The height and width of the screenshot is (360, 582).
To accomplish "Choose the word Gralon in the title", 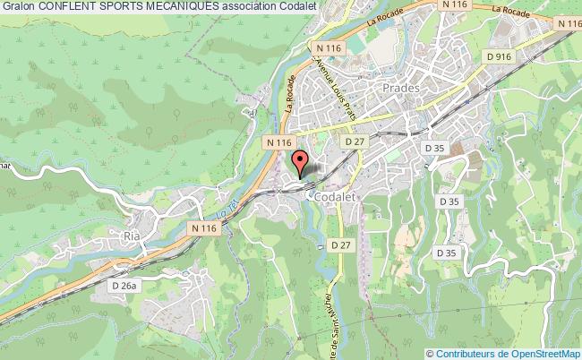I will pos(18,7).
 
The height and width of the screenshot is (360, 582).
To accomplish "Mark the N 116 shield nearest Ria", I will pos(204,230).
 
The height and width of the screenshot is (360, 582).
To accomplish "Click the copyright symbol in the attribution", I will pos(430,353).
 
